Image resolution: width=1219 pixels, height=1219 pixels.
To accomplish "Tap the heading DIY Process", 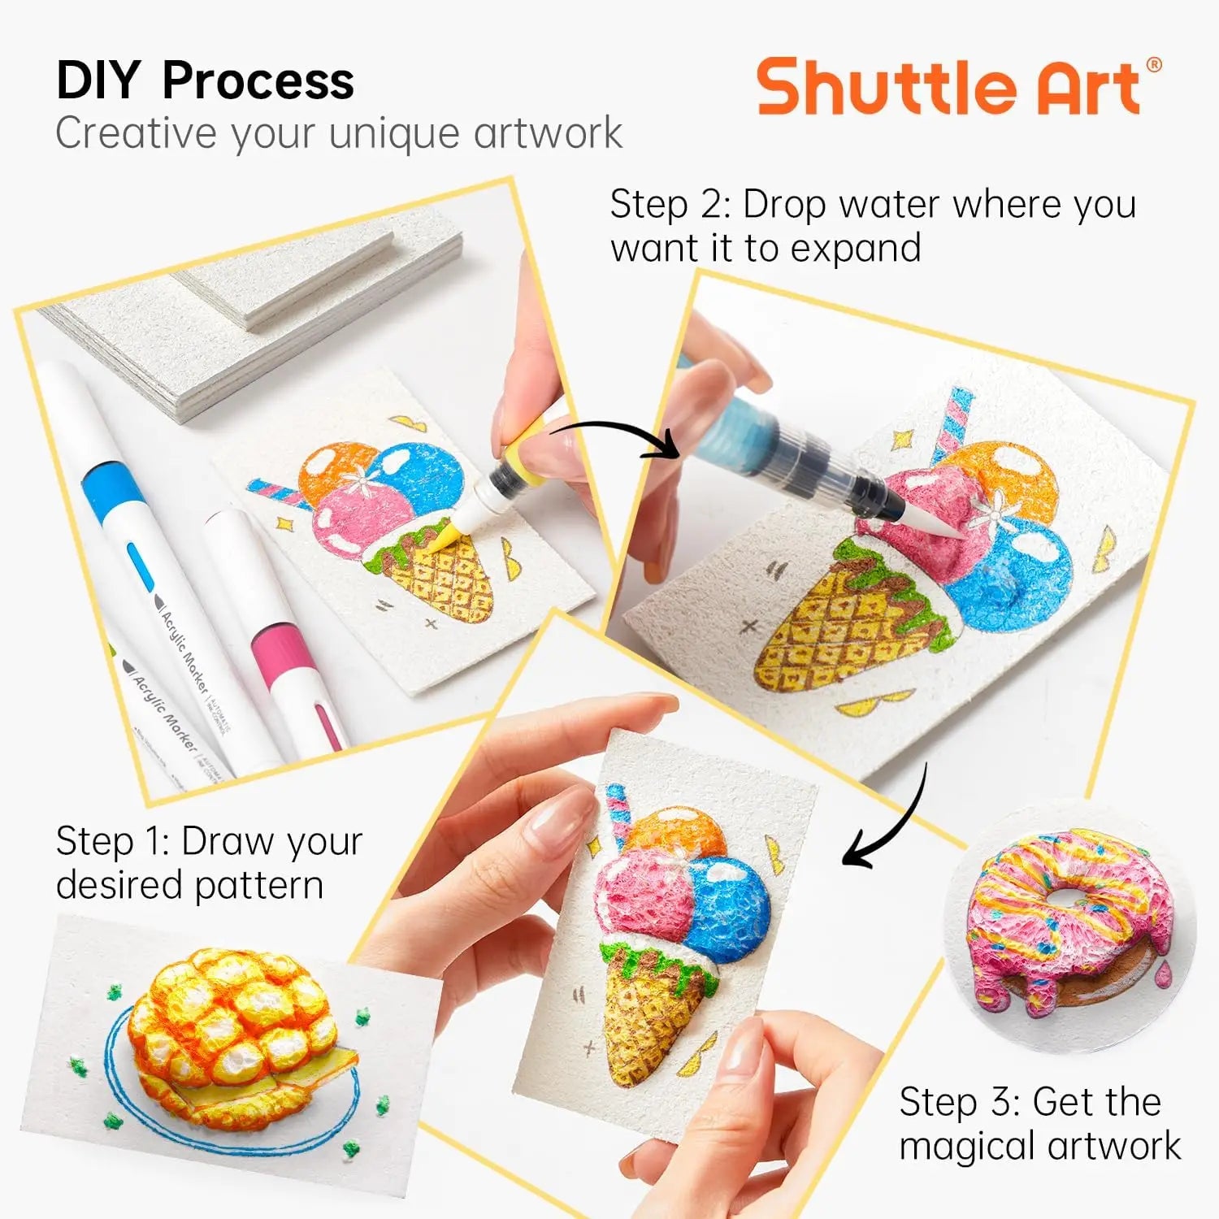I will pos(205,80).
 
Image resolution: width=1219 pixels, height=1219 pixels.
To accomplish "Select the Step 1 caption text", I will pos(209,862).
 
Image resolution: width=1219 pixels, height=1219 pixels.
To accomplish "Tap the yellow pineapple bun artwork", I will pos(236,1028).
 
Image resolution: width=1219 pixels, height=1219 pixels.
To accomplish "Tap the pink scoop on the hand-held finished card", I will pos(638,894).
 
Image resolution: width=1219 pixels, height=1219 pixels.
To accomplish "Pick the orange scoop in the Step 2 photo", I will pos(1008,479).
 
